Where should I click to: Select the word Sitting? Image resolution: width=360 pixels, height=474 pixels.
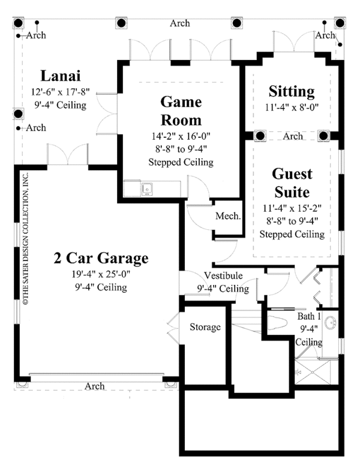tap(292, 92)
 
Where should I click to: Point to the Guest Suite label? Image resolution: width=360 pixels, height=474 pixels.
tap(292, 183)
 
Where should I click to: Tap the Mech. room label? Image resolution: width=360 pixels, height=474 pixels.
tap(229, 217)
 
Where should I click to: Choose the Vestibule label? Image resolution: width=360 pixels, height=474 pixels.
tap(223, 276)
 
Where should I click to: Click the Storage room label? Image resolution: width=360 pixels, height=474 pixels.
tap(206, 327)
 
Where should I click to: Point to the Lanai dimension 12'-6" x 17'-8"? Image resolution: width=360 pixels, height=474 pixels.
tap(59, 93)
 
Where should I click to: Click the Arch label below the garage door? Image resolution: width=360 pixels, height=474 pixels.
tap(95, 386)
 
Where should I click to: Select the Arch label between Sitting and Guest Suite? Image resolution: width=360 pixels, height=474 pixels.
tap(293, 136)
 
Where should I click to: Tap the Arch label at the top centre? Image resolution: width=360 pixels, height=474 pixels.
tap(179, 23)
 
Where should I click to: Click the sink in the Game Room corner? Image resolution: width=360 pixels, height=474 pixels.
tap(147, 191)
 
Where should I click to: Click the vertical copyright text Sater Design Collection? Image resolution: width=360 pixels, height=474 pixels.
tap(26, 239)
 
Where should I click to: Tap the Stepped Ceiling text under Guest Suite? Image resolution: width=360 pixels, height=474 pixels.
tap(292, 234)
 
